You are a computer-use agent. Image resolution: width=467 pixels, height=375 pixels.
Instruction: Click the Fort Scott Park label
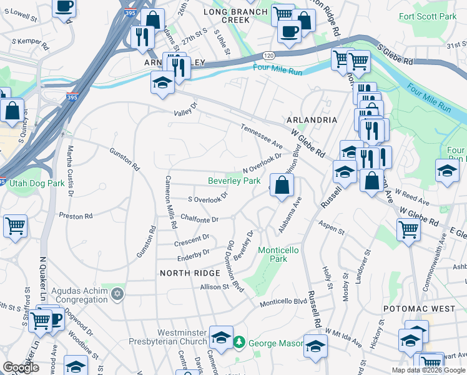[428, 17]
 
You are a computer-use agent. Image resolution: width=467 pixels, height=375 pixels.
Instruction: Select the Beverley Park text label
[234, 181]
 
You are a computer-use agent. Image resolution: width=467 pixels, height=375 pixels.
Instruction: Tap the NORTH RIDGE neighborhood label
[190, 273]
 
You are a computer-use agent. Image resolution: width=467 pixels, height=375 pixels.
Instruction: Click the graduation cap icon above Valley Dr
[162, 83]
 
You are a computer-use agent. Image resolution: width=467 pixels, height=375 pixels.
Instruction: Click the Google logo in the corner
[21, 367]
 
